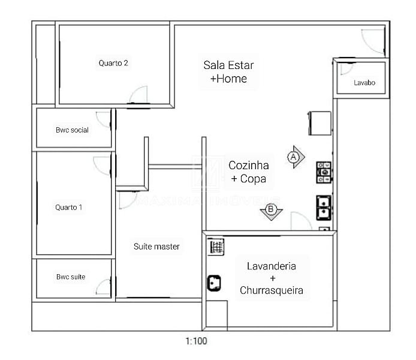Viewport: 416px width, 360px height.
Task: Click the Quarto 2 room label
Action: pyautogui.click(x=113, y=63)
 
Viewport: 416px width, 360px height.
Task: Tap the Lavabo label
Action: pyautogui.click(x=364, y=83)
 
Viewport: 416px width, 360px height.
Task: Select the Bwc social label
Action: pyautogui.click(x=72, y=130)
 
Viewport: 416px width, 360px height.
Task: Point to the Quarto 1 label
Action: pyautogui.click(x=69, y=208)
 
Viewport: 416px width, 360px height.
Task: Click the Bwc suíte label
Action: pyautogui.click(x=71, y=277)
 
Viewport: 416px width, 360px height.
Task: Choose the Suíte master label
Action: pyautogui.click(x=156, y=247)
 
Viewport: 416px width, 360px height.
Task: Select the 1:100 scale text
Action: pyautogui.click(x=196, y=341)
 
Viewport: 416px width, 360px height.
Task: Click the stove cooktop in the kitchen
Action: pyautogui.click(x=324, y=172)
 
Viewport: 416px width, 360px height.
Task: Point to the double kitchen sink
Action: pyautogui.click(x=324, y=208)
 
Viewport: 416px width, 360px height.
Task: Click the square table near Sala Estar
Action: pyautogui.click(x=319, y=123)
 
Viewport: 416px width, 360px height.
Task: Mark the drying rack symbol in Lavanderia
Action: pyautogui.click(x=216, y=247)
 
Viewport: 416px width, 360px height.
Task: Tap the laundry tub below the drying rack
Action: pyautogui.click(x=214, y=283)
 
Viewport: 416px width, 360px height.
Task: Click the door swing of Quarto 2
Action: pyautogui.click(x=138, y=95)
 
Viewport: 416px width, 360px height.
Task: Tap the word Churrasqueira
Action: pyautogui.click(x=272, y=290)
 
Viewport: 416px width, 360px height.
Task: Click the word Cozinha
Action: pyautogui.click(x=249, y=166)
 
